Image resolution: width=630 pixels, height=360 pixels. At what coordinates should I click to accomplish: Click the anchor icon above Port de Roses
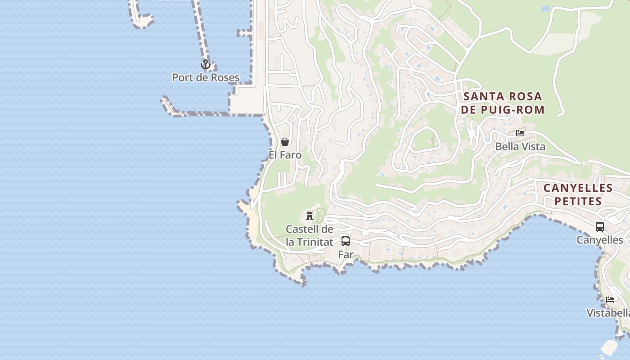(x=206, y=65)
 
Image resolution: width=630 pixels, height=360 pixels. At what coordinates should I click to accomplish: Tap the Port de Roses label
(x=206, y=77)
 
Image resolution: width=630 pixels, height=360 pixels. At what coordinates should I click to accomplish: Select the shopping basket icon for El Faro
(x=285, y=142)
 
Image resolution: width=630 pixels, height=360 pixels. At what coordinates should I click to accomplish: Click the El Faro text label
(x=285, y=155)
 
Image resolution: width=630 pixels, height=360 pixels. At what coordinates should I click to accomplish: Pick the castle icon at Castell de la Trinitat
(x=310, y=216)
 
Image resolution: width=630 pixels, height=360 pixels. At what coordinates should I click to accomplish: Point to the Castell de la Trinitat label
(x=310, y=235)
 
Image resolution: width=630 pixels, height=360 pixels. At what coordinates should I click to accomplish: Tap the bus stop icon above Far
(x=346, y=241)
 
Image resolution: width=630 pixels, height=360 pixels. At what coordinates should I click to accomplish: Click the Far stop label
(x=346, y=254)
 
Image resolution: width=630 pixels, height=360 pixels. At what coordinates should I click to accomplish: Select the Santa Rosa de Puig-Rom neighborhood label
(x=503, y=103)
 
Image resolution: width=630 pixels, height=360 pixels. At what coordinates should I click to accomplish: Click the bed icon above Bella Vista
(x=520, y=133)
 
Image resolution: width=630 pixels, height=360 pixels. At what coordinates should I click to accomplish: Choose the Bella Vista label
(x=520, y=146)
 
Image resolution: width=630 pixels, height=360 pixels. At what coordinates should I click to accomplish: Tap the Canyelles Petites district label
(x=578, y=194)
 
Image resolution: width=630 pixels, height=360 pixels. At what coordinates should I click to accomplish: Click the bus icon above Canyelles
(x=600, y=227)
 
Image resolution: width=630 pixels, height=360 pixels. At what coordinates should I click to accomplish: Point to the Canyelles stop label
(x=600, y=240)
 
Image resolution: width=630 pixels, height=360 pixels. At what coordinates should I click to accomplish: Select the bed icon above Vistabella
(x=610, y=300)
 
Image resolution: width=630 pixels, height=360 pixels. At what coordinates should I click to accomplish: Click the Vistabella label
(x=608, y=313)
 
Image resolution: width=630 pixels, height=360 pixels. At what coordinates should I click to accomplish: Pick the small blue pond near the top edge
(x=545, y=9)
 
